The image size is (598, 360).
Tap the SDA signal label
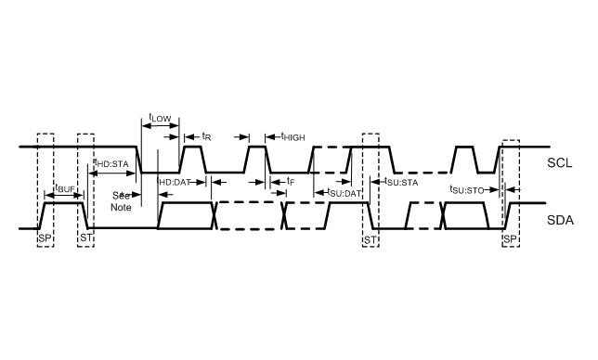(x=561, y=221)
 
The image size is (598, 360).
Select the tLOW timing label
(x=160, y=118)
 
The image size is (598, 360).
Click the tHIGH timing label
(x=292, y=136)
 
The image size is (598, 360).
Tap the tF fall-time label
(x=291, y=181)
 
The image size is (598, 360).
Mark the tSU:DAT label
(x=344, y=192)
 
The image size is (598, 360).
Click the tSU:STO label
(x=468, y=189)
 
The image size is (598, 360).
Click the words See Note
(x=122, y=201)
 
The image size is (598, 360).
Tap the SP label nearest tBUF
(x=45, y=238)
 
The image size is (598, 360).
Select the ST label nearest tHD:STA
(x=86, y=238)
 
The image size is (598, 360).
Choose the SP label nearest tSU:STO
(x=509, y=238)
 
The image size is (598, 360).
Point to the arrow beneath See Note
(x=129, y=195)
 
